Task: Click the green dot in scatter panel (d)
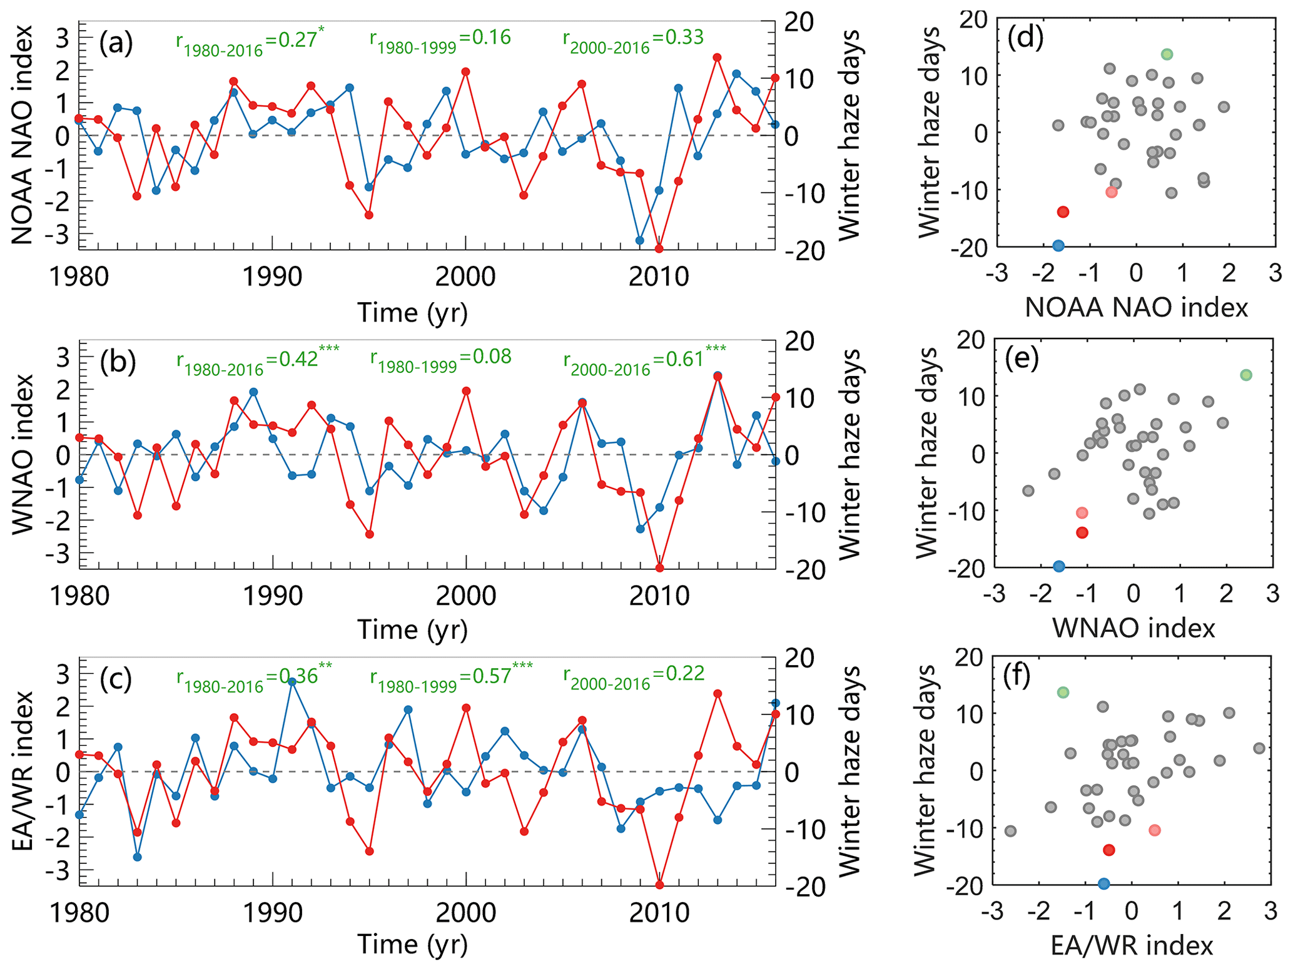pyautogui.click(x=1167, y=54)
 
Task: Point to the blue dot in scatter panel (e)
pyautogui.click(x=1059, y=566)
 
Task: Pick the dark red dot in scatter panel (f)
pyautogui.click(x=1109, y=850)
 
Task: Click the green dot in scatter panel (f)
pyautogui.click(x=1063, y=693)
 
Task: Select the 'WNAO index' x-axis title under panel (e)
pyautogui.click(x=1133, y=628)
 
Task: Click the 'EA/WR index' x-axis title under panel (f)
pyautogui.click(x=1132, y=945)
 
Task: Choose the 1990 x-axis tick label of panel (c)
pyautogui.click(x=273, y=913)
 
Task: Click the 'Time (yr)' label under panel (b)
pyautogui.click(x=412, y=629)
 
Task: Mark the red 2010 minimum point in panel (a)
pyautogui.click(x=659, y=248)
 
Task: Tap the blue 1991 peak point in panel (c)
pyautogui.click(x=292, y=681)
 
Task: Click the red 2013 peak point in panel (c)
pyautogui.click(x=717, y=694)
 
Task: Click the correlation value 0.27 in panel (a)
pyautogui.click(x=297, y=40)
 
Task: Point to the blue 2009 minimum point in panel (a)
pyautogui.click(x=639, y=240)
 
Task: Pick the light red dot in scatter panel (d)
pyautogui.click(x=1111, y=192)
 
